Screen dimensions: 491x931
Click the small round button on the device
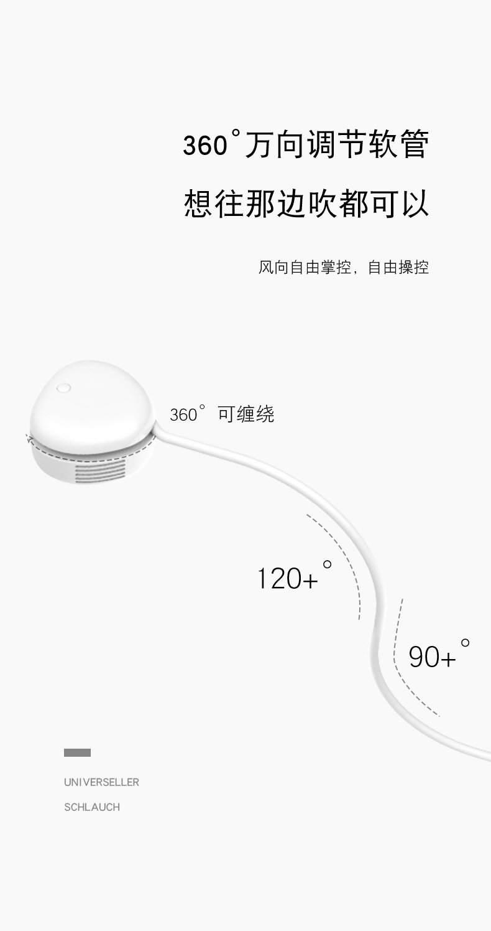63,388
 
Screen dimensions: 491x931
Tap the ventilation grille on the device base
99,470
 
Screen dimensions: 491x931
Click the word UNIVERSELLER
101,782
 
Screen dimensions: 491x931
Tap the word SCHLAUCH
92,807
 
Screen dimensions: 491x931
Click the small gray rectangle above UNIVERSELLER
77,753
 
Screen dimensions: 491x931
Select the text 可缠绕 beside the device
246,414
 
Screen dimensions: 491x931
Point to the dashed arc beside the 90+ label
404,672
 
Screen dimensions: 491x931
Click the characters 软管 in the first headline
399,145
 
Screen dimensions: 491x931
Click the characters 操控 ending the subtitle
413,268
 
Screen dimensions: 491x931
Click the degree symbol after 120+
327,565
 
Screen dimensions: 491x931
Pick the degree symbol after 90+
465,643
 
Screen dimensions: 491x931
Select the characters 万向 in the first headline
275,145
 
